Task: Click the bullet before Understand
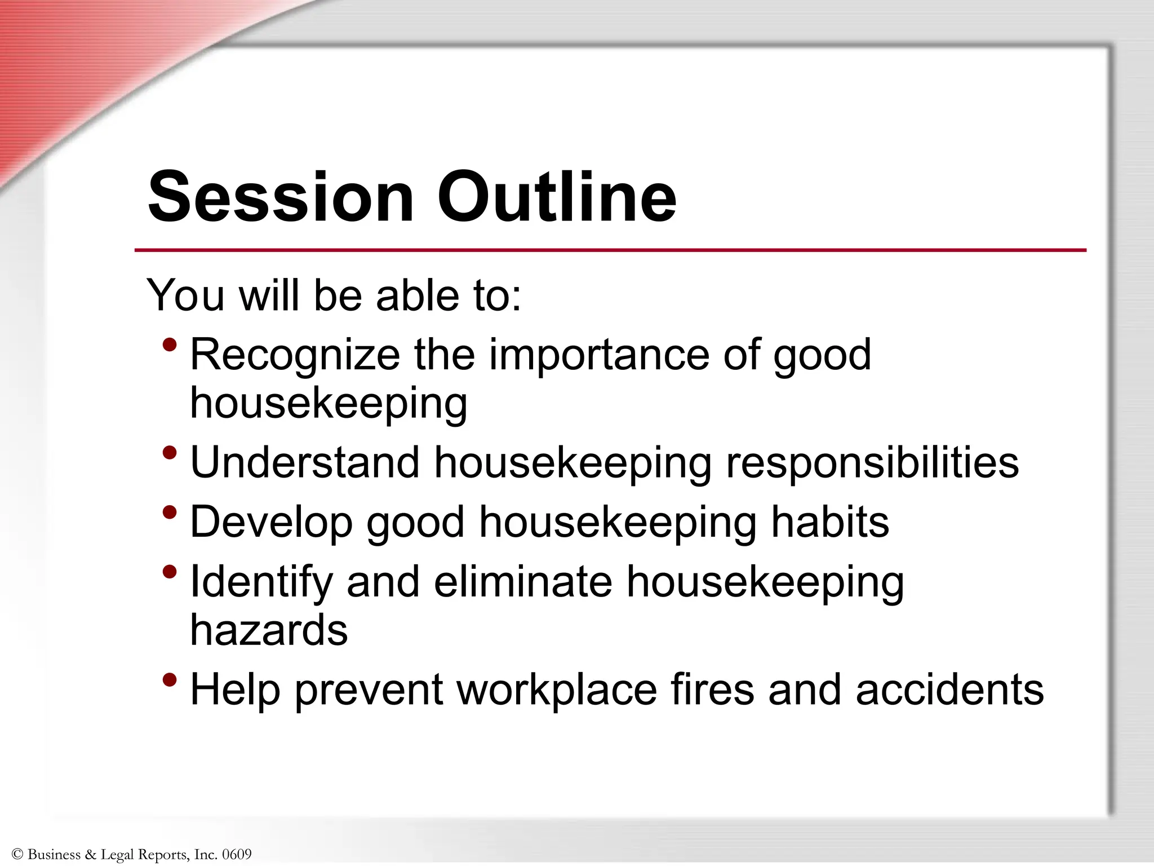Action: pos(169,453)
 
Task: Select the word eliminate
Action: pos(522,581)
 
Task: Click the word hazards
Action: pos(269,630)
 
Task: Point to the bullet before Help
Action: pos(169,680)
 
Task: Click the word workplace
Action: pos(557,691)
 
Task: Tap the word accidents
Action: pos(949,690)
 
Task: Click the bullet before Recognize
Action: pos(169,344)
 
